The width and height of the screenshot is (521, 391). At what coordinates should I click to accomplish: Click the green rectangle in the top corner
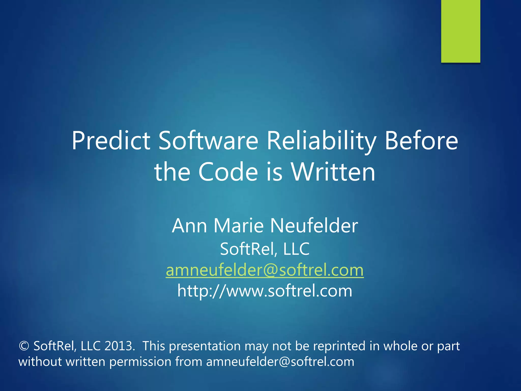460,31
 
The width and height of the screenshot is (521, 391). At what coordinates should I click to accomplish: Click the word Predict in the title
111,141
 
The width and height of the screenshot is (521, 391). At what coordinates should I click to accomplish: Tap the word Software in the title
208,141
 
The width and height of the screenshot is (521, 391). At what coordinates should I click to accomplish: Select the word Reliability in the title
321,141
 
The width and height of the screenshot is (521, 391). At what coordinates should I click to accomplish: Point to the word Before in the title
421,141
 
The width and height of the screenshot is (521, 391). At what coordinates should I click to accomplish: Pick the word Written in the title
333,172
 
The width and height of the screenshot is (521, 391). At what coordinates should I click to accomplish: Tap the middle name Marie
238,226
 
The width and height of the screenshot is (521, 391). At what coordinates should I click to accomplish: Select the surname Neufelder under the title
314,226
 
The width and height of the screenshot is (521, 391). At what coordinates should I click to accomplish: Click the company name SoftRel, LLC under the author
265,249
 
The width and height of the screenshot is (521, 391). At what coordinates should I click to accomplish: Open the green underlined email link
265,270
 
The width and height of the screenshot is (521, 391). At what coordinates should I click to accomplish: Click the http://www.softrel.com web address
265,291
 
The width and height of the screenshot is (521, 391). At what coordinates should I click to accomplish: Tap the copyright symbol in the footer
24,346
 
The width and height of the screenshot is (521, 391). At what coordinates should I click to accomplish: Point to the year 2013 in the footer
119,346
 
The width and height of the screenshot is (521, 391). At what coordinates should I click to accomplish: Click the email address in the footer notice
280,362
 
